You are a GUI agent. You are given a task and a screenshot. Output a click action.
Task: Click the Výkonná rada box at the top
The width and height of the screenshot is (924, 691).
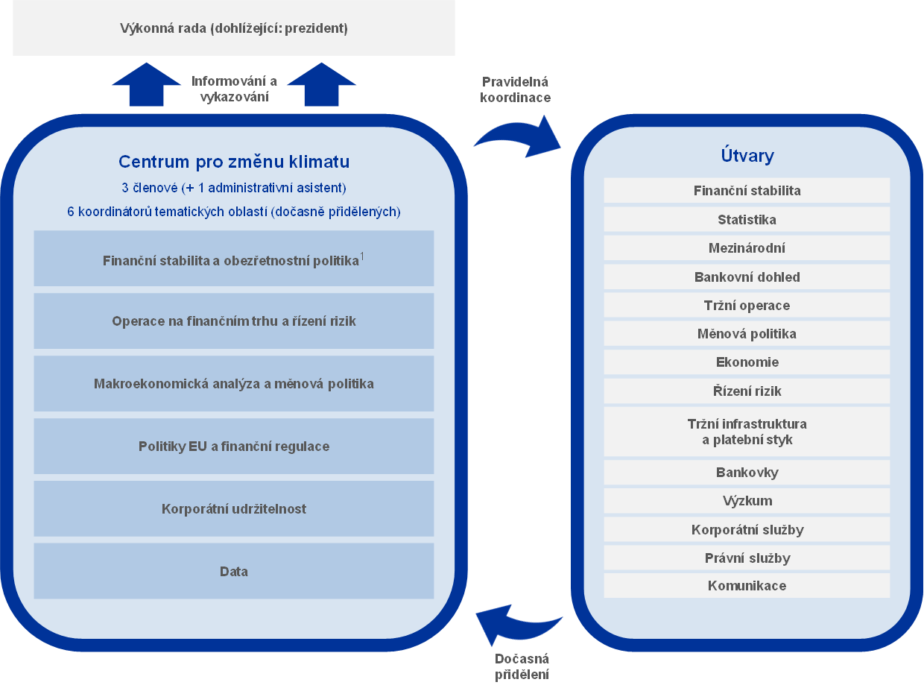click(x=234, y=28)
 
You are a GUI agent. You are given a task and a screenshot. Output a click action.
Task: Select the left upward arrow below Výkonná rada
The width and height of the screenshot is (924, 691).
click(x=146, y=85)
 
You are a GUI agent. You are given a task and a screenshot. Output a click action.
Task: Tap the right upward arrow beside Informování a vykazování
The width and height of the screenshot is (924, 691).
click(x=322, y=85)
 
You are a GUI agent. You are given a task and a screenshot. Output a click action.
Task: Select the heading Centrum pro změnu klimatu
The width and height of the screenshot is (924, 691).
click(x=234, y=162)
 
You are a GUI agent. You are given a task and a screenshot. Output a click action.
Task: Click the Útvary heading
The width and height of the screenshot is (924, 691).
click(x=747, y=156)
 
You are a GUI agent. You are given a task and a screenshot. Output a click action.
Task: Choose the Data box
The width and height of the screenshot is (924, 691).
click(x=234, y=572)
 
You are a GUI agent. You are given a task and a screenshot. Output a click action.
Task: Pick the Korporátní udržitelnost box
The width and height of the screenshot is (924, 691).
click(x=234, y=509)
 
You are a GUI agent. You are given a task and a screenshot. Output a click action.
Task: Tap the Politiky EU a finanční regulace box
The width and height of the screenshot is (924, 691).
click(x=234, y=447)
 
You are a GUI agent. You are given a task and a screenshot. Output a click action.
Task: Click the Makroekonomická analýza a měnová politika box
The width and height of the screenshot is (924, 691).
click(x=234, y=384)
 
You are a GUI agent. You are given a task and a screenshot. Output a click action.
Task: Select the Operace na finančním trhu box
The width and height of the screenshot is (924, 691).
click(x=234, y=321)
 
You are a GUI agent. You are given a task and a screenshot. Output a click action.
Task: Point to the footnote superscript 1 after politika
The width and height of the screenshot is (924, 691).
click(x=362, y=256)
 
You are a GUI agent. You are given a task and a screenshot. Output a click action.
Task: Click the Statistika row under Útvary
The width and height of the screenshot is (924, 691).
click(x=747, y=219)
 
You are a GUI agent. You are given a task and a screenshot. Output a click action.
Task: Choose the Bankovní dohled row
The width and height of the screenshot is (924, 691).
click(x=747, y=277)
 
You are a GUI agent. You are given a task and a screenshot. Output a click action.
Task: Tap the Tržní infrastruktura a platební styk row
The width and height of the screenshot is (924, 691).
click(x=747, y=432)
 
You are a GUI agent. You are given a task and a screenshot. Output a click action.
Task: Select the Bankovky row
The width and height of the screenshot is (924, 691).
click(x=747, y=472)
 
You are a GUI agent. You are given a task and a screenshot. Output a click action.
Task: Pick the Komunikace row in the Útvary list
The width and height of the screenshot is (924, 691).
click(x=747, y=585)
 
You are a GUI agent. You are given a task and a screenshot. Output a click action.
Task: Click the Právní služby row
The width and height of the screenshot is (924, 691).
click(x=747, y=558)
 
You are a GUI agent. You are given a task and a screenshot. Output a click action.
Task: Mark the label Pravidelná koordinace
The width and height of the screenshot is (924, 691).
click(x=516, y=89)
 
